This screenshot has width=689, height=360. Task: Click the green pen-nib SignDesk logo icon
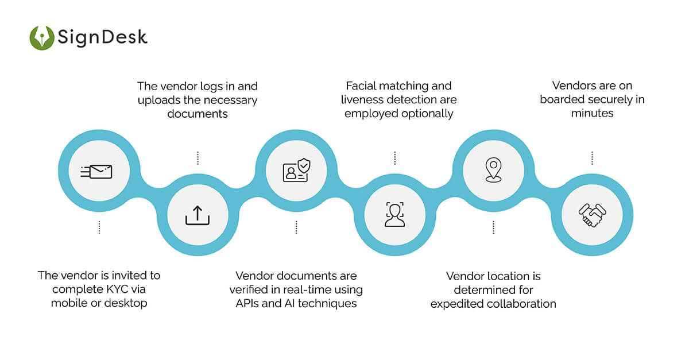coord(42,38)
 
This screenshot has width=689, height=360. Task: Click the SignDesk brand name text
coord(102,38)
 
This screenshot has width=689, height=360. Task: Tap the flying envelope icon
coord(97,171)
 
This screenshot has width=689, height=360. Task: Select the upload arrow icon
coord(198,215)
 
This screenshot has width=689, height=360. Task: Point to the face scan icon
coord(395,215)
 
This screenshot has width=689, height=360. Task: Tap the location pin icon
coord(493,171)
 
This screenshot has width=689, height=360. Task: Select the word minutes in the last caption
coord(592,113)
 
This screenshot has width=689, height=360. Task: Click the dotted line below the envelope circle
coord(99,227)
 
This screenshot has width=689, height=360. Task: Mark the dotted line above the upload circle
coord(198,158)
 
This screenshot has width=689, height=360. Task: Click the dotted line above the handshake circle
coord(592,158)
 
